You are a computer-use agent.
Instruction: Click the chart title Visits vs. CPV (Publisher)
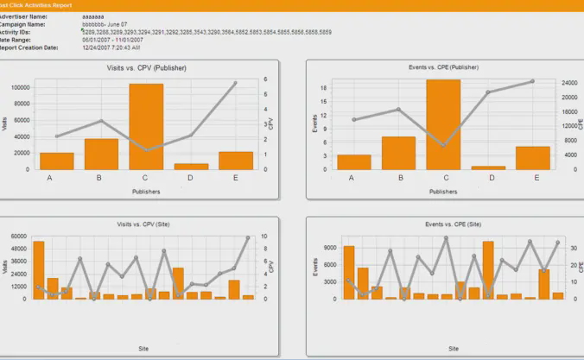click(146, 67)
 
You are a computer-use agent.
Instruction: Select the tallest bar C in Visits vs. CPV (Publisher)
click(146, 126)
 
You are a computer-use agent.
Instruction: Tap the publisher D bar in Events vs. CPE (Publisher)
click(488, 167)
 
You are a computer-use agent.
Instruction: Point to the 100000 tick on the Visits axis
click(22, 88)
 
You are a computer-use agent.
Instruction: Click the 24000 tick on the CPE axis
click(568, 83)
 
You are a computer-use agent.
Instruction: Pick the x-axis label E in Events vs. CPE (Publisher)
click(536, 178)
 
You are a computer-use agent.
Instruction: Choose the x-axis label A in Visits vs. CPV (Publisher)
click(50, 178)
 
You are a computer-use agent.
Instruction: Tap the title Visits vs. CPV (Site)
click(143, 224)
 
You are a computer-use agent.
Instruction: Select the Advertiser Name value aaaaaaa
click(94, 16)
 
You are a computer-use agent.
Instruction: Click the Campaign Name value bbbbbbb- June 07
click(108, 24)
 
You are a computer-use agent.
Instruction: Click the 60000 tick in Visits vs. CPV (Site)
click(19, 237)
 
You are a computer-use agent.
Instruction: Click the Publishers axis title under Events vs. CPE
click(443, 191)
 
